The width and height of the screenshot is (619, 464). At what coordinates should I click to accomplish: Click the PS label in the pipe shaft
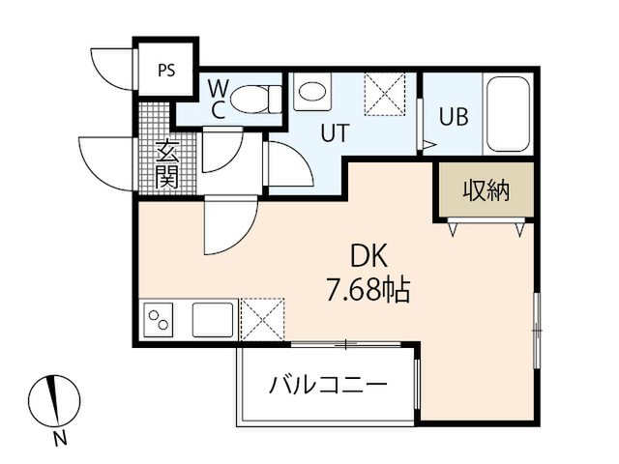click(166, 71)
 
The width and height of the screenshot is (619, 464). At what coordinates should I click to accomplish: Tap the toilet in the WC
click(256, 99)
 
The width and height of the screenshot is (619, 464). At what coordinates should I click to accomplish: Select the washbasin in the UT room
click(312, 92)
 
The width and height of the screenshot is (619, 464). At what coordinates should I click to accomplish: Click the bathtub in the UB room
click(508, 114)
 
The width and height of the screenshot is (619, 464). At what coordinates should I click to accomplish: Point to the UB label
click(454, 116)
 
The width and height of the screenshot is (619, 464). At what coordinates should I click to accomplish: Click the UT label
click(336, 132)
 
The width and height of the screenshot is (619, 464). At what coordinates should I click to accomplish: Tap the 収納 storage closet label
click(486, 190)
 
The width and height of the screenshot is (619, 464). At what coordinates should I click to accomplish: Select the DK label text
click(369, 256)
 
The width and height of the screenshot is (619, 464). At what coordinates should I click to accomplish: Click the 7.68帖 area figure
click(368, 290)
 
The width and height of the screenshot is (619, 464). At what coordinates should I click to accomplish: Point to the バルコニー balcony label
click(328, 385)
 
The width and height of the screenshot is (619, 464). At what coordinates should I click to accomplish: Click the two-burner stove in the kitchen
click(159, 320)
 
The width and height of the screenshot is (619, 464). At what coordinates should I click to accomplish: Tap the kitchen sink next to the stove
click(213, 320)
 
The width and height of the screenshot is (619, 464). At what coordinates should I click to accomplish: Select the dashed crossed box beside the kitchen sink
click(262, 319)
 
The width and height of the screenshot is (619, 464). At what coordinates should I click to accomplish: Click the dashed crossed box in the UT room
click(385, 94)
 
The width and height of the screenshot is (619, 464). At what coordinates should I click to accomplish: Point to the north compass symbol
click(54, 401)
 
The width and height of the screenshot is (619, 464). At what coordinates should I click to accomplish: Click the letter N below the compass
click(60, 438)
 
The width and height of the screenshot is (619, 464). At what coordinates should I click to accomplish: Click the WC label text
click(219, 100)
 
